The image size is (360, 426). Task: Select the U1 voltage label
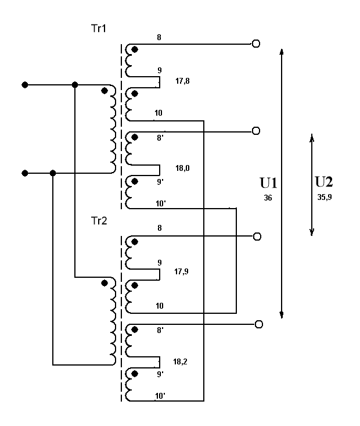268,184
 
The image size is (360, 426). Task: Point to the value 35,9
325,197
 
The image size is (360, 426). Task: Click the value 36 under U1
268,198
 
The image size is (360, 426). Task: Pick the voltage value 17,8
183,82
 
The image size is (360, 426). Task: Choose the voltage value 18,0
183,168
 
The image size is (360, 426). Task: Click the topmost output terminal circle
255,44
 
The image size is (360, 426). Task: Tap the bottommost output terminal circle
259,324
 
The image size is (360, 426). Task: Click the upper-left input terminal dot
24,85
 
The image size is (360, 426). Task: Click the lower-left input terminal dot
24,173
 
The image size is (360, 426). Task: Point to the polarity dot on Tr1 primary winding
105,91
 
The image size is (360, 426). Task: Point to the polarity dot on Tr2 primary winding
105,283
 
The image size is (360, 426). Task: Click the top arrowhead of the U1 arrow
282,51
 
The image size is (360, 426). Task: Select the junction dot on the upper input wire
75,85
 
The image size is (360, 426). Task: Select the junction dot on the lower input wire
53,173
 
